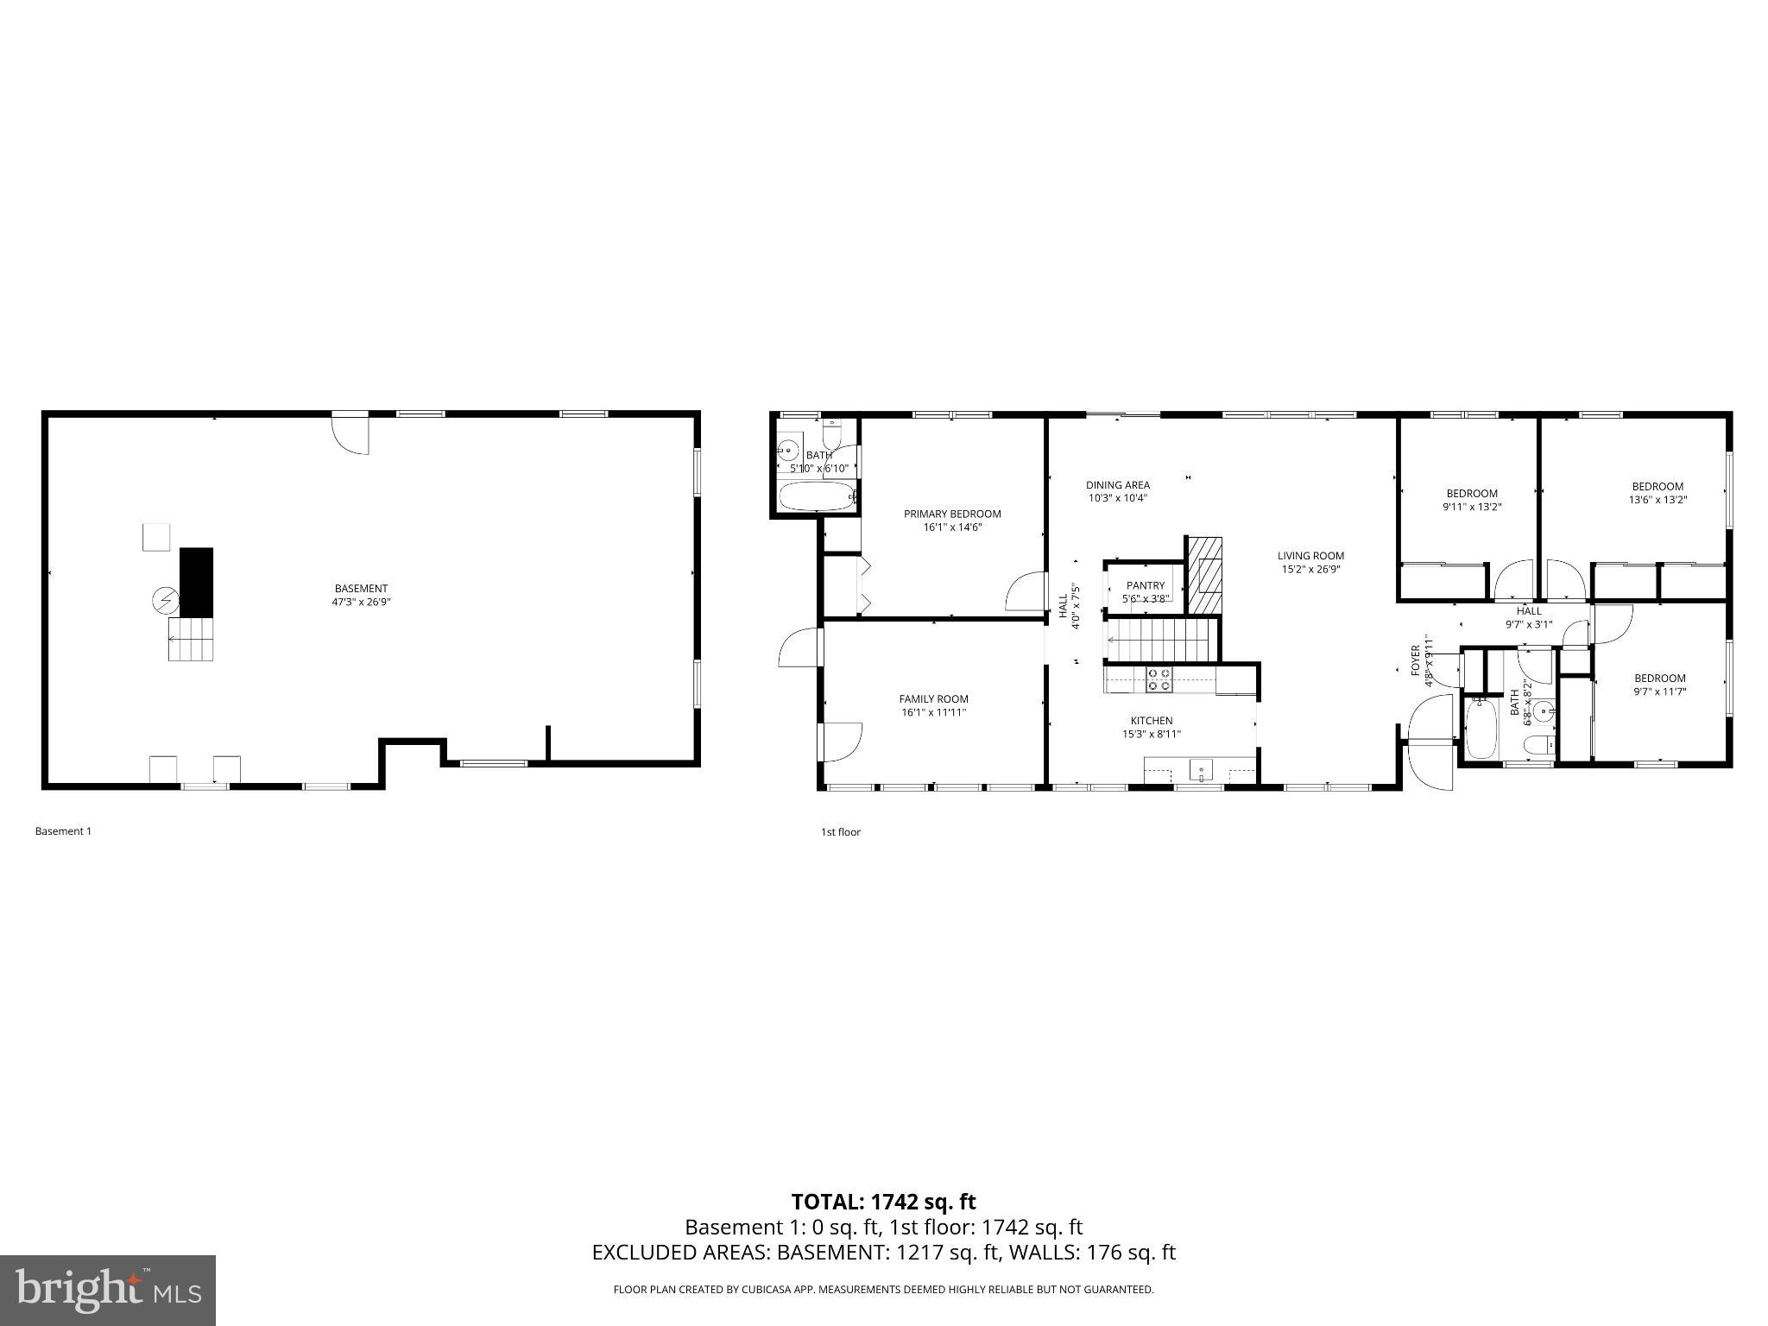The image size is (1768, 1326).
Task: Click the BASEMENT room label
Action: [361, 589]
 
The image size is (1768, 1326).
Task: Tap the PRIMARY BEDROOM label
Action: [952, 514]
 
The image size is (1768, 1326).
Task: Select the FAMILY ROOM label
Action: [933, 699]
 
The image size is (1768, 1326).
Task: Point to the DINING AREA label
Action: [1117, 485]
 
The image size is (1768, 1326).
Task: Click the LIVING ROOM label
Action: [1310, 556]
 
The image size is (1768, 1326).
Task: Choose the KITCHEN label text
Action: [1152, 721]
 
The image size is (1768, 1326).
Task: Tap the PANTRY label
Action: [1145, 585]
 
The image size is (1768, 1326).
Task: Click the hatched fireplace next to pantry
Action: [1205, 575]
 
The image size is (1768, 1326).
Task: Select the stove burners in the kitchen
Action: [1159, 679]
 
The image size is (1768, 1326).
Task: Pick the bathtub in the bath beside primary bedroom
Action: [817, 496]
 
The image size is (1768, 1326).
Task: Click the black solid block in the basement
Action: [196, 582]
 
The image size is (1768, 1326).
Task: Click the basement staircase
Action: [191, 639]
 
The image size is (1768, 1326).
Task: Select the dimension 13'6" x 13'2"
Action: [1657, 499]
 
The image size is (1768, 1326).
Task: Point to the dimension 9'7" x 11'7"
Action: [1659, 691]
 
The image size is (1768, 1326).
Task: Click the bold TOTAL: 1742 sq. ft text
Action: [883, 1202]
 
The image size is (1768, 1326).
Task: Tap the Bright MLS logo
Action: [108, 1290]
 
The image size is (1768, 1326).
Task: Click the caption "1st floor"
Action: [840, 832]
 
